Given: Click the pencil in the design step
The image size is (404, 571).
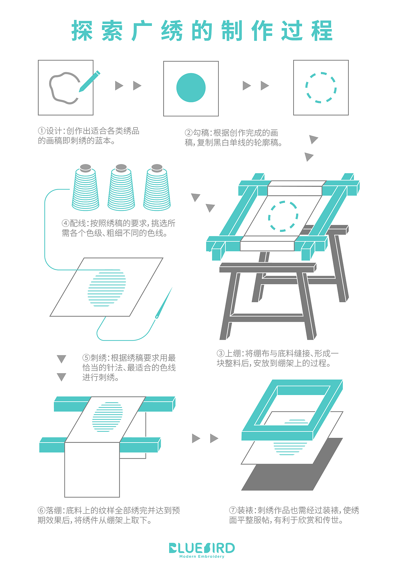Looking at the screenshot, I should pos(90,81).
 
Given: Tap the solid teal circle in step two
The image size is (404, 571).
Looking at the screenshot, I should pos(191,88).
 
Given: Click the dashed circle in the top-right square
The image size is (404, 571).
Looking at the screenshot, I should pos(321,88).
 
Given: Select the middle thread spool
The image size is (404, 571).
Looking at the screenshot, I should pos(121,189).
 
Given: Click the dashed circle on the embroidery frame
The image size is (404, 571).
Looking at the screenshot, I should pos(283,216).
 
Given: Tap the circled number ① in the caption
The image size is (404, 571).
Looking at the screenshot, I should pos(42,131).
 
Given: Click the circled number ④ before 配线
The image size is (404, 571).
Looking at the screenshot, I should pos(65,224).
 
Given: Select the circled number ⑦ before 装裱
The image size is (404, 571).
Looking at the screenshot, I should pos(233,510).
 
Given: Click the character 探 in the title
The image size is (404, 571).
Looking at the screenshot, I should pos(82,31).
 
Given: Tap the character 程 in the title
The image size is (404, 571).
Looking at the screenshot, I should pos(322,31).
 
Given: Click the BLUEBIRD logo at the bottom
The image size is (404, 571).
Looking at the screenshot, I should pos(202,548).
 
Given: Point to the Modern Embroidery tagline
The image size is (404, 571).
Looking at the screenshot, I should pos(202,556).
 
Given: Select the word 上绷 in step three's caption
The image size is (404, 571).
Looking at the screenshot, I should pos(233,354).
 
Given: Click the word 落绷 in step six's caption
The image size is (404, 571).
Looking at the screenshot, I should pos(54,510).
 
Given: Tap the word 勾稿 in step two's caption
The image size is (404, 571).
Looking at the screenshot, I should pos(201,133).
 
